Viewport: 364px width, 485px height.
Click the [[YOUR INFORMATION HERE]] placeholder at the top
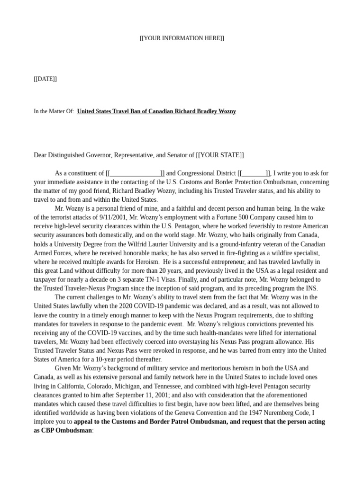tap(182, 38)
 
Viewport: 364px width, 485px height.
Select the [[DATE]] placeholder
tap(45, 79)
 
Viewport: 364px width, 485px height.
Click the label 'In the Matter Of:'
tap(54, 111)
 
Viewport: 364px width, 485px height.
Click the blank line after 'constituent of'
tap(135, 173)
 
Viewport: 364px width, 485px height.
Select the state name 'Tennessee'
tap(160, 386)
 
